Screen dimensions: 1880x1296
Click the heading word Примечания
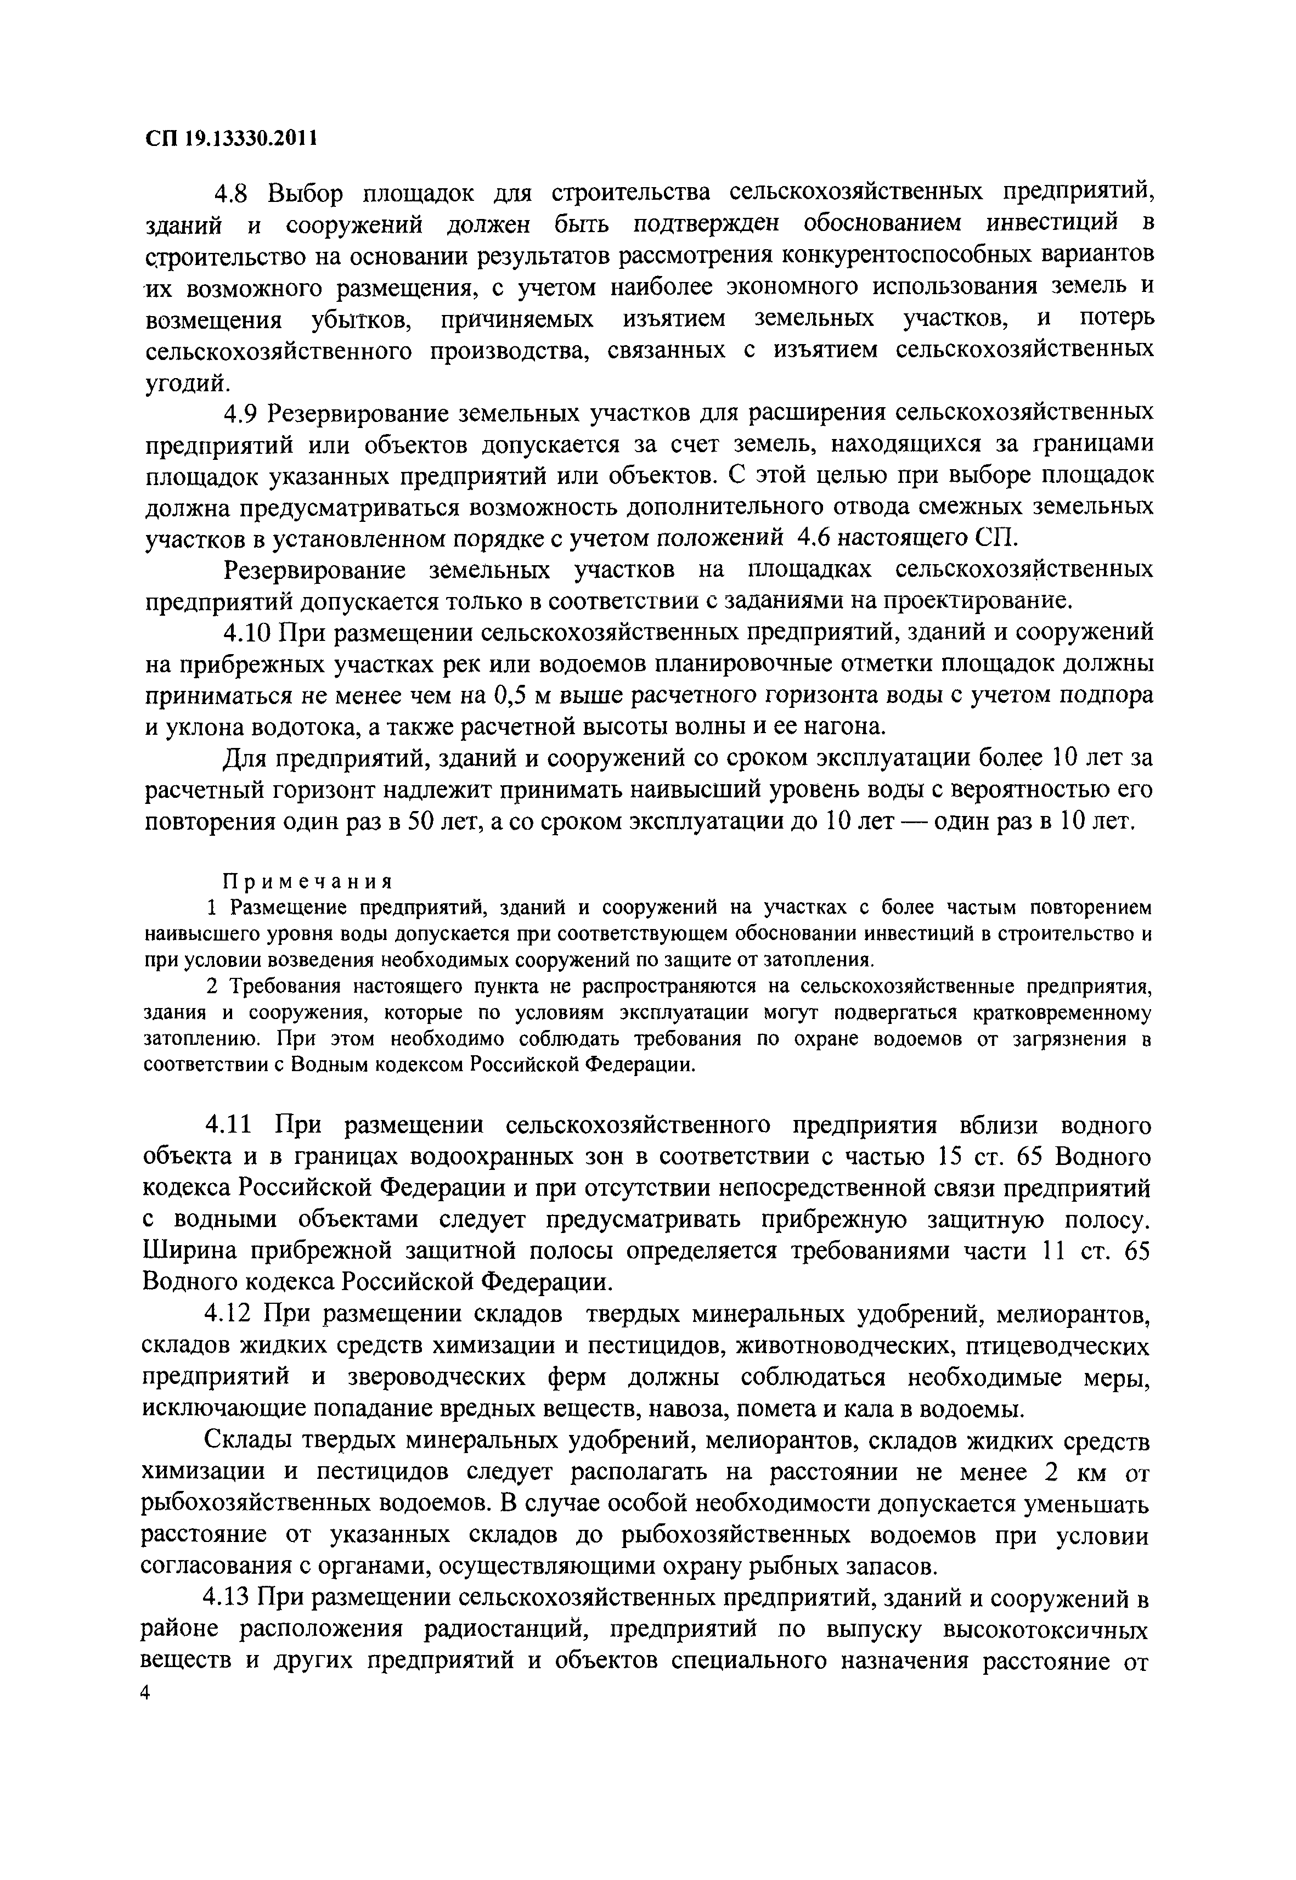308,881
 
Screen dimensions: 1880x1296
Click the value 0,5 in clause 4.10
512,696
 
